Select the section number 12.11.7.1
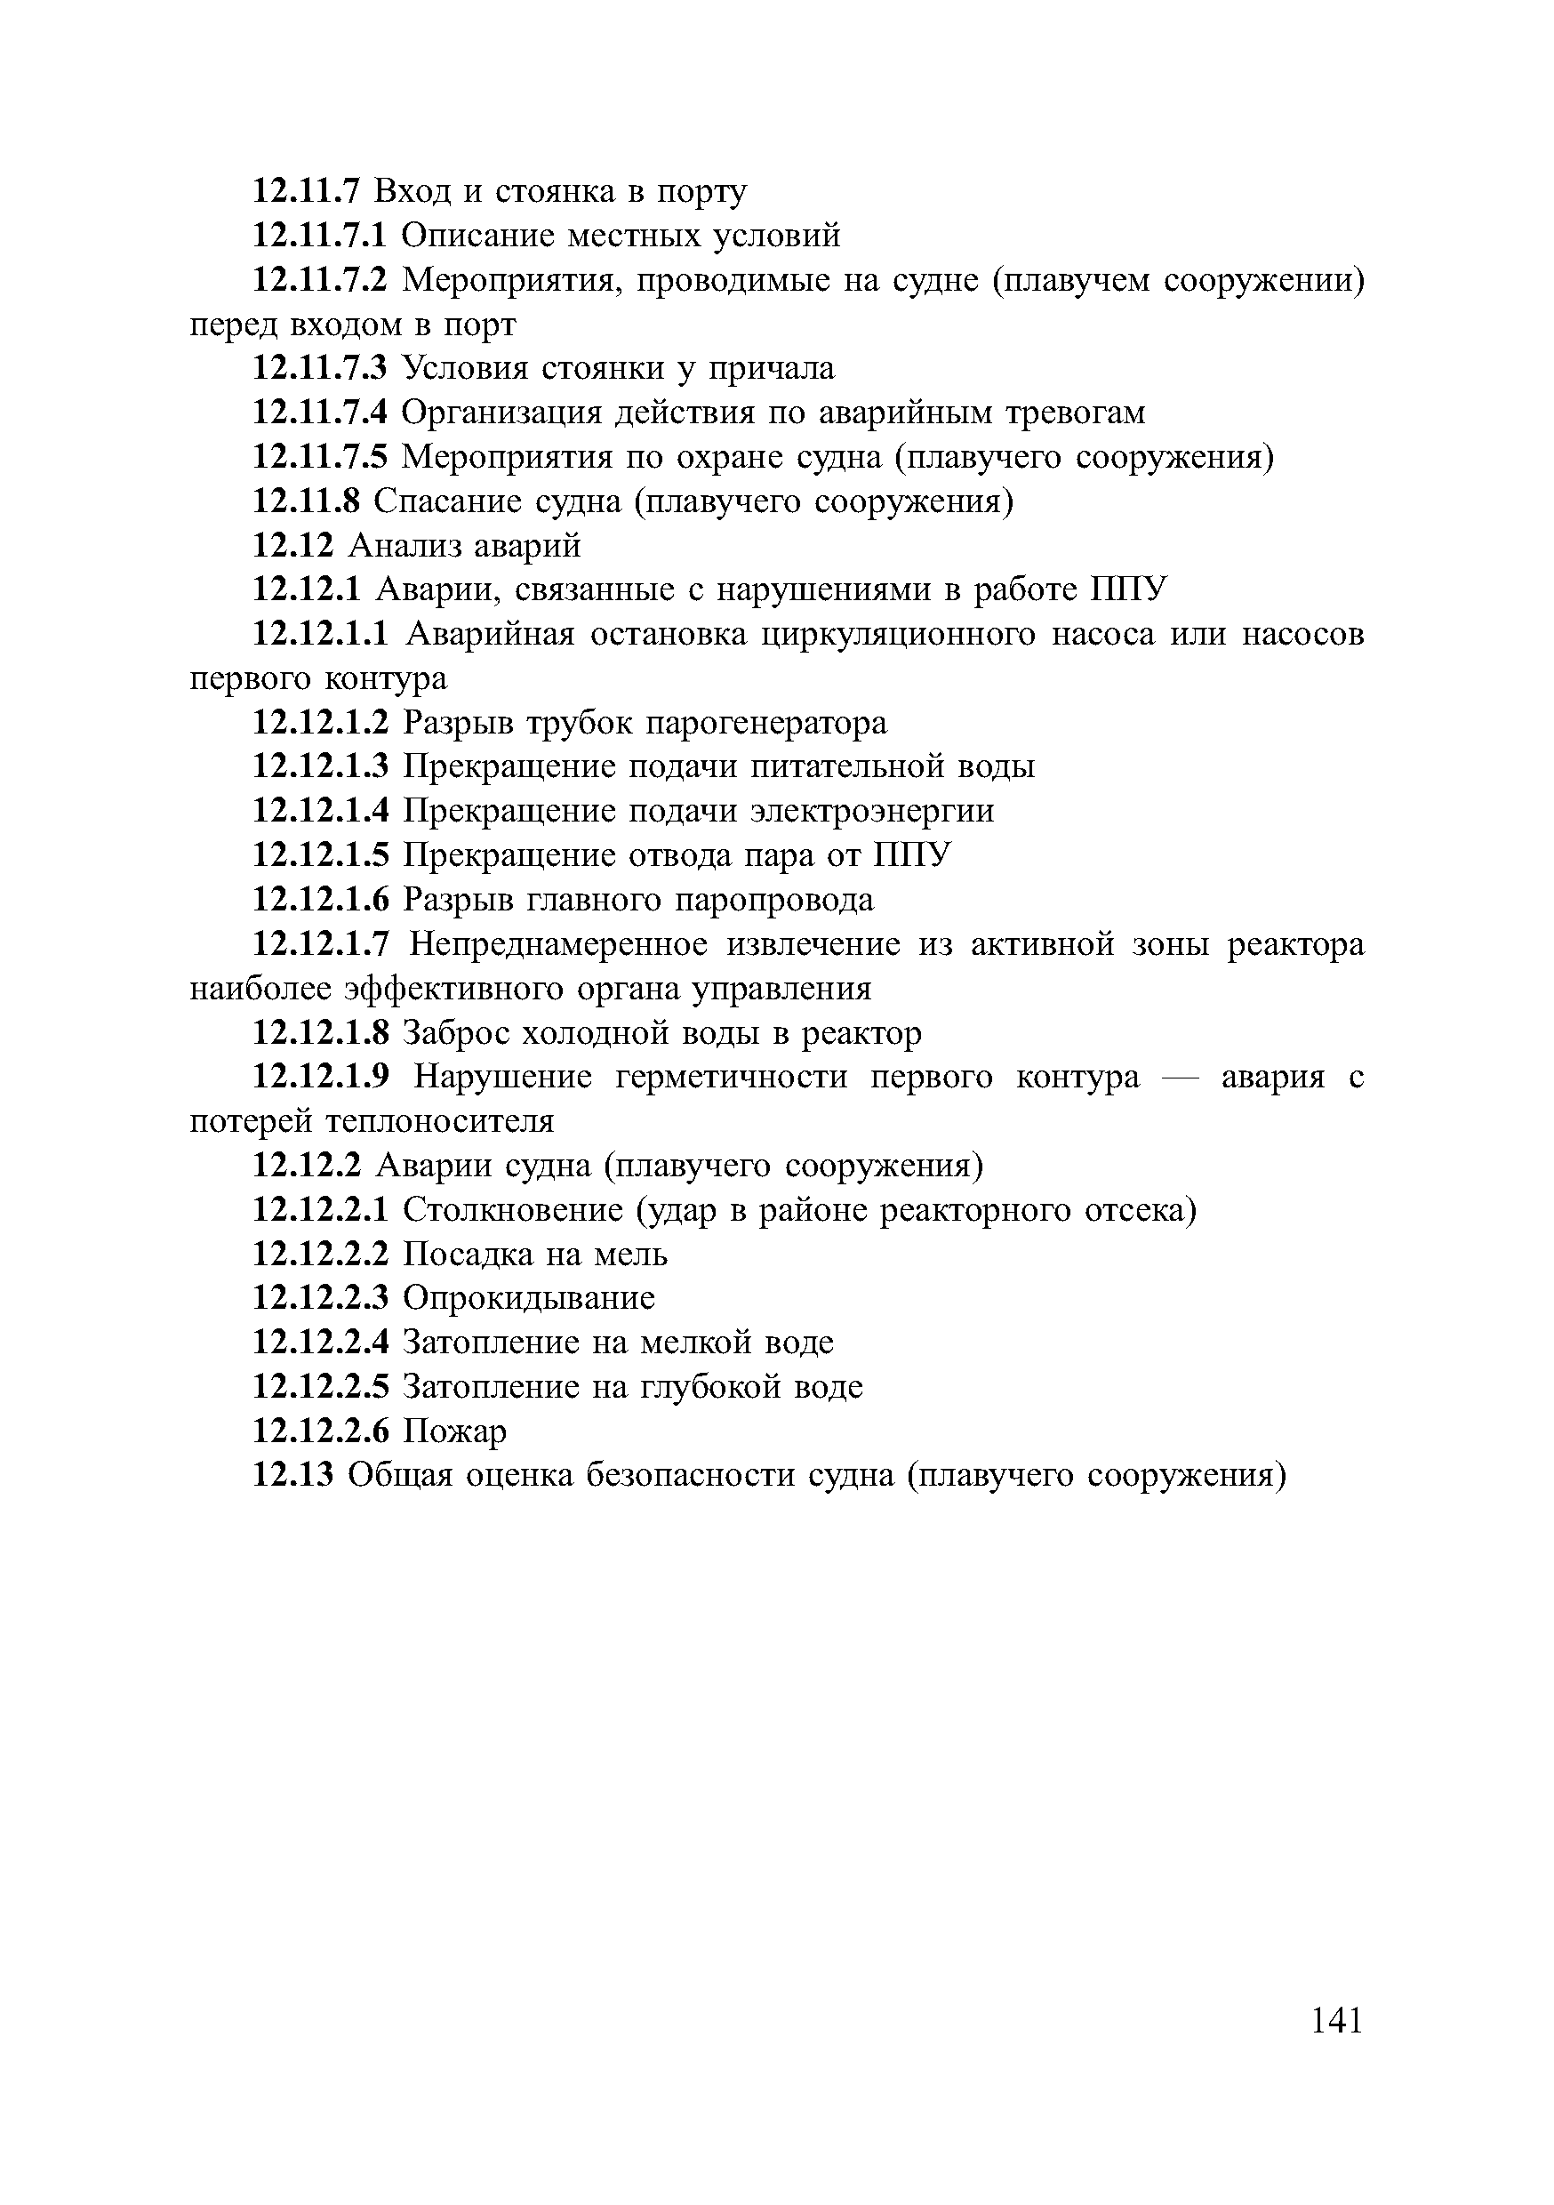point(319,236)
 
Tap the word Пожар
point(454,1431)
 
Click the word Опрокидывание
point(528,1298)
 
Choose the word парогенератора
point(765,722)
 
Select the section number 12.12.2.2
point(320,1255)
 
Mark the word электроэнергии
point(872,812)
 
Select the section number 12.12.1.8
point(321,1033)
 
